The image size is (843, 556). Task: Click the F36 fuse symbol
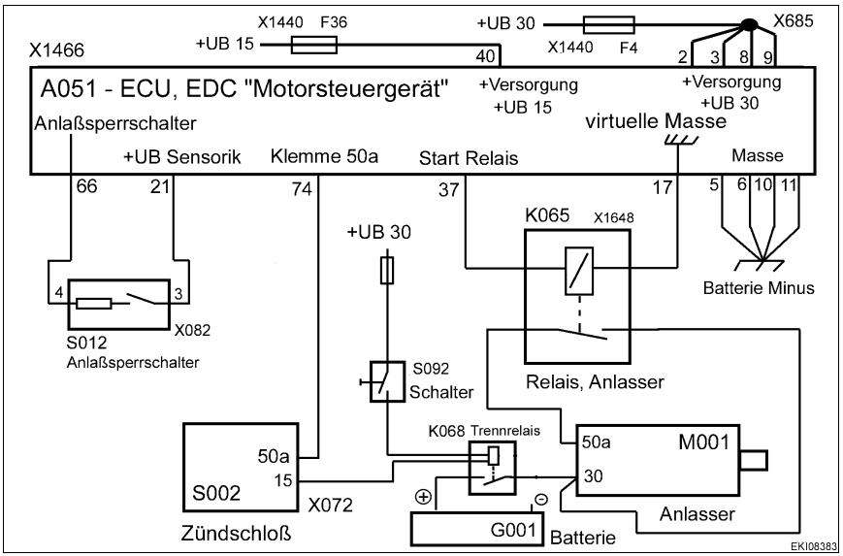click(x=314, y=44)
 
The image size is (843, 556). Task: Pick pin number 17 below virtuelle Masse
click(x=663, y=190)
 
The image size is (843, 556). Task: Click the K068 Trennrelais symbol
click(x=492, y=465)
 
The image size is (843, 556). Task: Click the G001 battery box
click(x=477, y=530)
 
